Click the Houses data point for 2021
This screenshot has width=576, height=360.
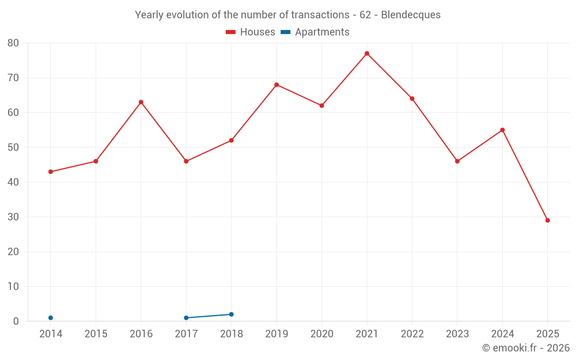[367, 54]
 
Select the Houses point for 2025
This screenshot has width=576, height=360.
[548, 221]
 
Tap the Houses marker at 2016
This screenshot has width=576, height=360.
[141, 102]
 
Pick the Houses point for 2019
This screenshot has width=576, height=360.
[276, 85]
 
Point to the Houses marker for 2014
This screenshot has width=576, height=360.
[51, 172]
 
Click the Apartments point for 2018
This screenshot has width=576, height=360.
[232, 314]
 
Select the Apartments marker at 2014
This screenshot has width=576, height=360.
[51, 318]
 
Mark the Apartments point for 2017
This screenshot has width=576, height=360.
[186, 318]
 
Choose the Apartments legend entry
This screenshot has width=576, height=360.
[315, 32]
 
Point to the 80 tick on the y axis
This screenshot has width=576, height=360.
[13, 43]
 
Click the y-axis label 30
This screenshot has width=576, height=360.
[13, 217]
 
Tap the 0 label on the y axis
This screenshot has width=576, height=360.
[16, 321]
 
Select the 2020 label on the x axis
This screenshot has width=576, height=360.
[321, 334]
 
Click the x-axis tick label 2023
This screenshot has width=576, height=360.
[457, 334]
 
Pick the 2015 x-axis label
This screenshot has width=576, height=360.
[96, 334]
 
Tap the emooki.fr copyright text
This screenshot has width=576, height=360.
[525, 348]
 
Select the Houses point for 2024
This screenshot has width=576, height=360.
[502, 130]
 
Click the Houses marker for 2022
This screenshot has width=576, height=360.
[412, 98]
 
